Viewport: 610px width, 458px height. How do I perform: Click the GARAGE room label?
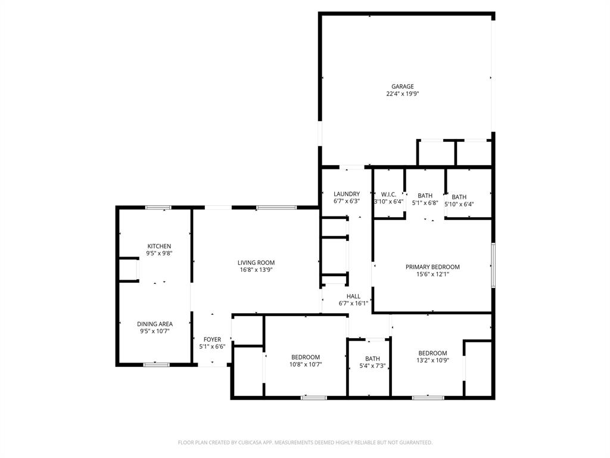[402, 86]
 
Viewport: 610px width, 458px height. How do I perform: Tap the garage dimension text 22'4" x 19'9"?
[402, 94]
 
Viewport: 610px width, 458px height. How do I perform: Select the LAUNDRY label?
[346, 194]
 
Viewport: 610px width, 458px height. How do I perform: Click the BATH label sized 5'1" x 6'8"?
[425, 196]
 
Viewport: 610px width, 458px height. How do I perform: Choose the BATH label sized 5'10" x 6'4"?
[459, 197]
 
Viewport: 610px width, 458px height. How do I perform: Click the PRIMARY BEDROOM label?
[432, 267]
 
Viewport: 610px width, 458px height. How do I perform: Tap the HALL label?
[353, 296]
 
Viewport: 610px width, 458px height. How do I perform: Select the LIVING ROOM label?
[256, 262]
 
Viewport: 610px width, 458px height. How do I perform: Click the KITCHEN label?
[159, 246]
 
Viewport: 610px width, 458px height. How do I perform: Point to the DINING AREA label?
[155, 324]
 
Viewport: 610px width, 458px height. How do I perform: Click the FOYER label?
[212, 339]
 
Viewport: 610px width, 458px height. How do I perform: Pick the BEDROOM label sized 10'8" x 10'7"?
[306, 357]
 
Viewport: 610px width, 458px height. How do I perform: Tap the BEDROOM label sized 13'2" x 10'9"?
[432, 353]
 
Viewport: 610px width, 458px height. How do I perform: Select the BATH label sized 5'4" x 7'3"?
[372, 358]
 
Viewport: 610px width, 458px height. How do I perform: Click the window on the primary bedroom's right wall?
[493, 265]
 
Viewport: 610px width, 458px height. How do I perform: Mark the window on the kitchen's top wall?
[158, 208]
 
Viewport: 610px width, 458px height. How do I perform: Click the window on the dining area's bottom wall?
[156, 364]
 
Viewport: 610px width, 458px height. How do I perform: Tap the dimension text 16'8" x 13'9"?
[256, 270]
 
